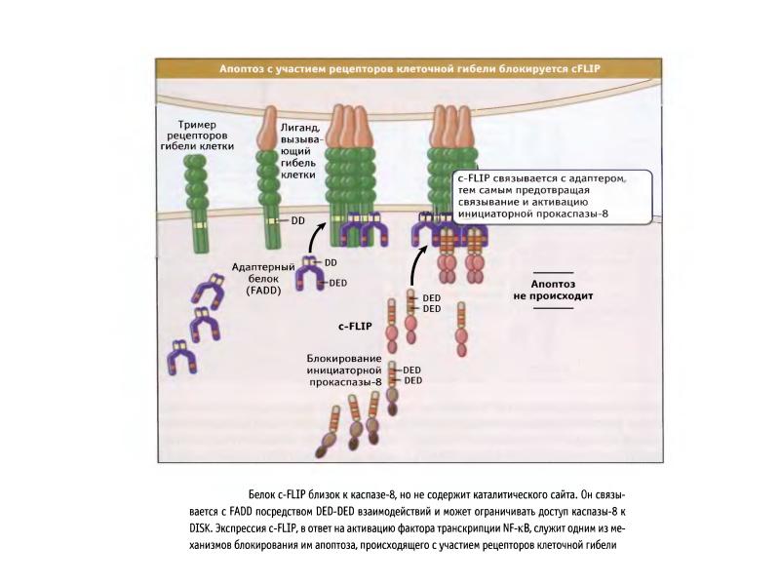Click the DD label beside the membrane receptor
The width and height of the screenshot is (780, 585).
pos(298,221)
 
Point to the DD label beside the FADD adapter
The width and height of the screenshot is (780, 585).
pos(330,262)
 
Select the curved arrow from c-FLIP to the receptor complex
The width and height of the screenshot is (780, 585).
pos(416,261)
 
